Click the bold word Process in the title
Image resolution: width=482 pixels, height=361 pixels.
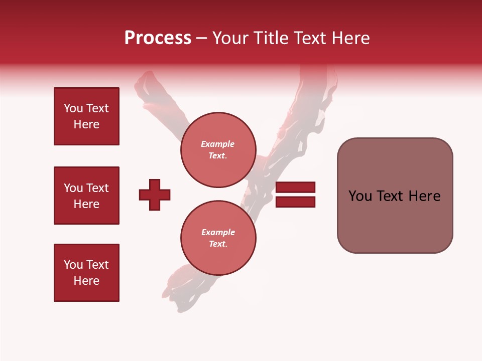click(x=158, y=38)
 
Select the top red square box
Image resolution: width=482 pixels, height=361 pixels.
click(x=86, y=116)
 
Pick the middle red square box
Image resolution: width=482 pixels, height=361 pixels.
click(x=86, y=196)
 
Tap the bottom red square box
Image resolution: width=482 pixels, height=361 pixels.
click(x=86, y=273)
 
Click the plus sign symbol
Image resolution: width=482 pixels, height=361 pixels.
click(x=155, y=195)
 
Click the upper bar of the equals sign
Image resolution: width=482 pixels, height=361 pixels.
click(x=295, y=187)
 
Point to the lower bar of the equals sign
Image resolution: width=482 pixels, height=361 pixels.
click(x=295, y=202)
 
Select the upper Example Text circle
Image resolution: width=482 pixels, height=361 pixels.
click(x=218, y=149)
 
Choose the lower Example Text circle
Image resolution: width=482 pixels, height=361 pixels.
click(x=218, y=238)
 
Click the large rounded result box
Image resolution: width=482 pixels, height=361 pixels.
click(x=395, y=196)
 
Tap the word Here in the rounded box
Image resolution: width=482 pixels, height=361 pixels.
click(x=425, y=196)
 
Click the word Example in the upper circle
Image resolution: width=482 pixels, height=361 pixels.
click(x=217, y=144)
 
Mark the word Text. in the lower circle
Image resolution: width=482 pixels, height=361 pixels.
click(x=218, y=244)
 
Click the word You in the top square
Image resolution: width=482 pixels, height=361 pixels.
click(x=73, y=108)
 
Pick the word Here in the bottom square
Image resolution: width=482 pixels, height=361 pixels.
click(x=86, y=281)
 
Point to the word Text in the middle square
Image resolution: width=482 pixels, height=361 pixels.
click(x=97, y=188)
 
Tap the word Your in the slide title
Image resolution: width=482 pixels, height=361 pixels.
click(x=230, y=38)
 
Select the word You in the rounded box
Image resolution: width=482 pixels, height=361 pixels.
click(x=360, y=196)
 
